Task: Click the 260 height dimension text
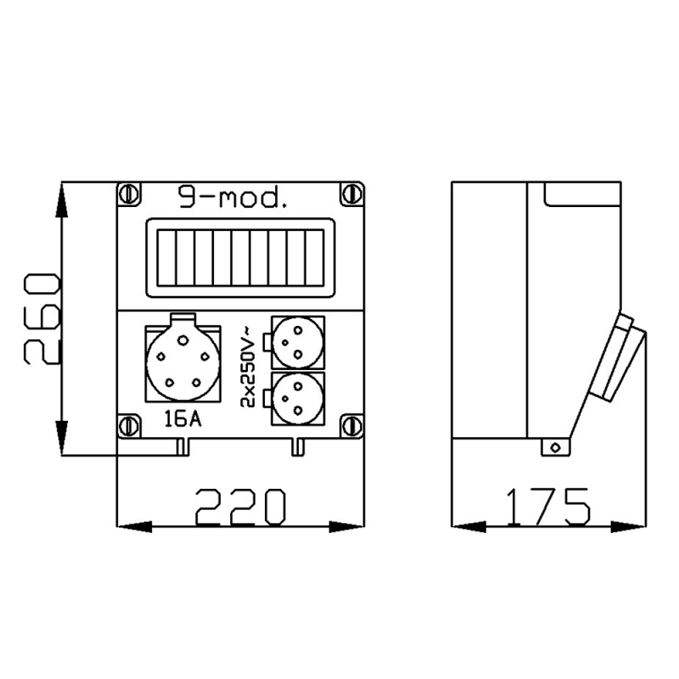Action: pyautogui.click(x=42, y=319)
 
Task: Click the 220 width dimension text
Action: pyautogui.click(x=241, y=506)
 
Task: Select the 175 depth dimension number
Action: pyautogui.click(x=547, y=506)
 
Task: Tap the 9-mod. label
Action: pyautogui.click(x=233, y=198)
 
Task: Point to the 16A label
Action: pyautogui.click(x=182, y=418)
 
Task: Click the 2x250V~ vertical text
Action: pyautogui.click(x=249, y=368)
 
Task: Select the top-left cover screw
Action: pyautogui.click(x=129, y=194)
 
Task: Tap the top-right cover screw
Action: pyautogui.click(x=351, y=194)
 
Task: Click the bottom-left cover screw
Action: pyautogui.click(x=129, y=426)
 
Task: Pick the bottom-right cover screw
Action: pyautogui.click(x=351, y=426)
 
